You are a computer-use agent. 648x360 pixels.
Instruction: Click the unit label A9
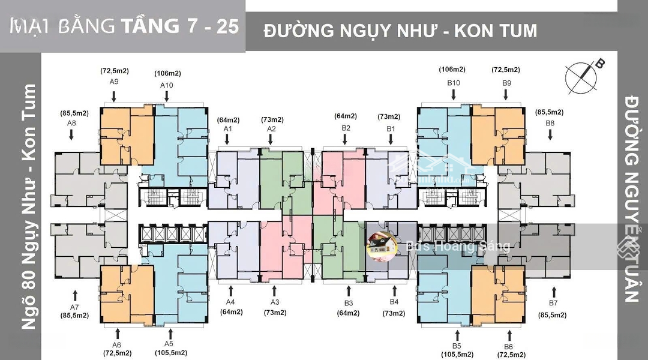(x=112, y=82)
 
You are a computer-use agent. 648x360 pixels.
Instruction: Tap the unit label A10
(x=167, y=85)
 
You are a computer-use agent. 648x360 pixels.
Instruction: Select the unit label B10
(x=453, y=82)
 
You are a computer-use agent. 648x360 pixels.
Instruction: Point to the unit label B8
(x=550, y=123)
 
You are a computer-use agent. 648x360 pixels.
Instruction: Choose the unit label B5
(x=457, y=346)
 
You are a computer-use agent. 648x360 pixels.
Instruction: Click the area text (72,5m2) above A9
(x=112, y=71)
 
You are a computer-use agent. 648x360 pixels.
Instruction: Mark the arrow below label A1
(x=227, y=140)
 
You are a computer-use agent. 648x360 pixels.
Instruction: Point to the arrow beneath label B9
(x=506, y=94)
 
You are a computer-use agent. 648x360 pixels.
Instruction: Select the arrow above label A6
(x=117, y=333)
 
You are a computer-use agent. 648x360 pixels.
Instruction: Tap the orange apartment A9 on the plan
(x=127, y=137)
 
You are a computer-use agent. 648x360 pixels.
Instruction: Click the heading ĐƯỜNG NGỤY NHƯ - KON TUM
(x=400, y=30)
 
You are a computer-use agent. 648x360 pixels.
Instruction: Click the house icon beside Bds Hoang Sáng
(x=382, y=245)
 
